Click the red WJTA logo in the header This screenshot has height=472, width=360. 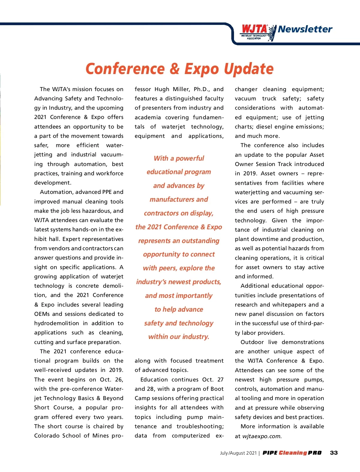254,29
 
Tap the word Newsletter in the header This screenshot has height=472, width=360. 305,29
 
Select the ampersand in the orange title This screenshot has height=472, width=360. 174,69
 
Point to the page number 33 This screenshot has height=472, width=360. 334,453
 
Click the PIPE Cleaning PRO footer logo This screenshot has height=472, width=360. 292,453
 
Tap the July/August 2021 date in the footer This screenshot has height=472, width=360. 238,453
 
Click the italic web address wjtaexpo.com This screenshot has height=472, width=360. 262,436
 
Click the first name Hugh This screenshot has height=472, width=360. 162,89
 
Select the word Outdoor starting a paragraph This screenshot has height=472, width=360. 252,342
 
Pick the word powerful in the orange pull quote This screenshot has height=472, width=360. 190,158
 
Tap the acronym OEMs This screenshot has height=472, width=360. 41,314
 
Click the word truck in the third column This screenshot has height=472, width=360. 269,99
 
